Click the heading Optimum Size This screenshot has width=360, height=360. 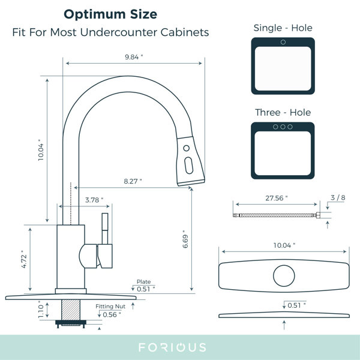[x=111, y=13]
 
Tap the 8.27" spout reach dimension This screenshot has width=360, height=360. [x=133, y=180]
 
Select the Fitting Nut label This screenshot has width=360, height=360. [x=110, y=306]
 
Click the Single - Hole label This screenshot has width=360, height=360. [x=283, y=28]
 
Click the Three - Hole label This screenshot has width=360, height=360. [x=283, y=112]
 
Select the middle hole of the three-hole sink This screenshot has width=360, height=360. [x=283, y=127]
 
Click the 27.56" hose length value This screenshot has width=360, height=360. [x=277, y=197]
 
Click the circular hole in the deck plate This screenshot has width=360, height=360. [x=284, y=275]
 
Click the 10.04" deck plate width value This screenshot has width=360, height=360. [x=284, y=246]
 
